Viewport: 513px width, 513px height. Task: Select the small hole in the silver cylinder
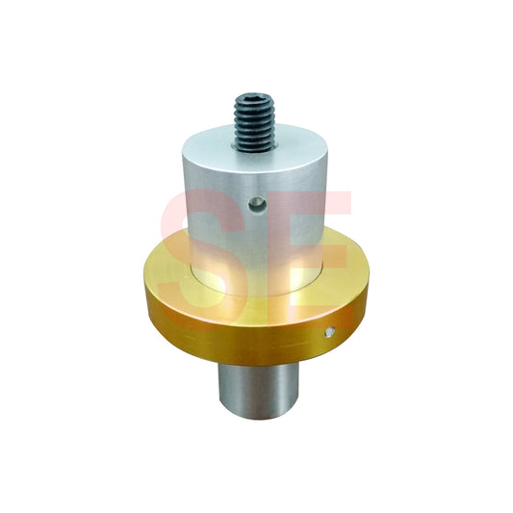pos(256,203)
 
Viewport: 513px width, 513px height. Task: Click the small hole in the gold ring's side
pos(330,333)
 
